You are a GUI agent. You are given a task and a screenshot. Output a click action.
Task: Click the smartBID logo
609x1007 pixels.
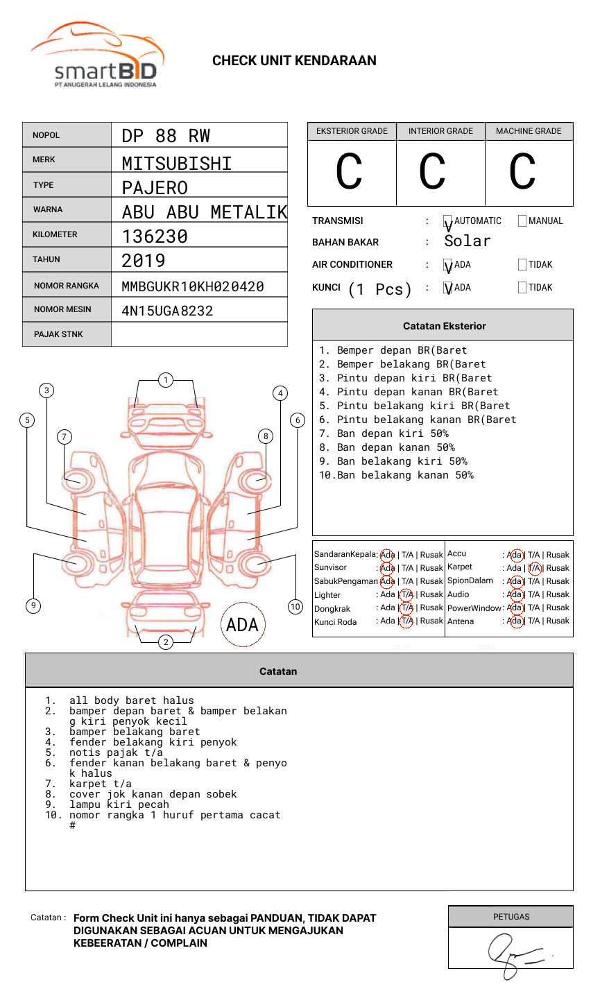click(x=97, y=56)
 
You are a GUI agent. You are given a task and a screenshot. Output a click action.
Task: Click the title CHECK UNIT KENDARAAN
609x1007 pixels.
click(x=294, y=61)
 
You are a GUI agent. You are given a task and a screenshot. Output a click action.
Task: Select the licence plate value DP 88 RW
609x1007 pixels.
click(x=166, y=136)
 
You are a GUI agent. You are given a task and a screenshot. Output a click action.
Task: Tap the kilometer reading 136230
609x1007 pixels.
click(x=155, y=236)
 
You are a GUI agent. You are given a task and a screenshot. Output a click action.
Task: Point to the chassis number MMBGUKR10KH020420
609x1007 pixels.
click(x=193, y=286)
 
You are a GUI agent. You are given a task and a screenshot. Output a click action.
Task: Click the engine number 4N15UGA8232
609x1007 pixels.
click(x=167, y=311)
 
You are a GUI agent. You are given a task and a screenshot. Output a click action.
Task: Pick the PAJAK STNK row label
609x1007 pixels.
click(x=58, y=334)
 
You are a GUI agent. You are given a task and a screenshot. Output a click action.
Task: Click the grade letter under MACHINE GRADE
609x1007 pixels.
click(x=522, y=172)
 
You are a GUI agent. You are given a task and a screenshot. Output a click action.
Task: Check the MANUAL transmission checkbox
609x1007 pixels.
click(x=522, y=221)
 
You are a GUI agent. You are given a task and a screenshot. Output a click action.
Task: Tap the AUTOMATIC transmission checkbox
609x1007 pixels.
click(x=448, y=221)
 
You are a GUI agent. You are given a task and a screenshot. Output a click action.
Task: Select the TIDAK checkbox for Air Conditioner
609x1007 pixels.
click(x=522, y=265)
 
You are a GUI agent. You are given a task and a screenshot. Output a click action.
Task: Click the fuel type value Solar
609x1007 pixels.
click(x=468, y=241)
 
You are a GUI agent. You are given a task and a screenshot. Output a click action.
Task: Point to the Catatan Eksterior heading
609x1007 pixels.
click(x=444, y=326)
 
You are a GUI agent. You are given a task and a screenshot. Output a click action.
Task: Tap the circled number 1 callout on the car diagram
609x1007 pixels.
click(x=165, y=380)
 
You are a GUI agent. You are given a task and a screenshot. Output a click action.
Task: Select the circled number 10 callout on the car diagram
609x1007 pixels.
click(x=295, y=607)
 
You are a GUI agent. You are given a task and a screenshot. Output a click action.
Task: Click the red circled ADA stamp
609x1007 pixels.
click(x=242, y=625)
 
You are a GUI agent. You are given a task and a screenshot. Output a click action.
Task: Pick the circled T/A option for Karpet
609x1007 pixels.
click(x=534, y=568)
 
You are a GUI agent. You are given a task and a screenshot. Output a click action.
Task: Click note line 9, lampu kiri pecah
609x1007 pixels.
click(x=119, y=804)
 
